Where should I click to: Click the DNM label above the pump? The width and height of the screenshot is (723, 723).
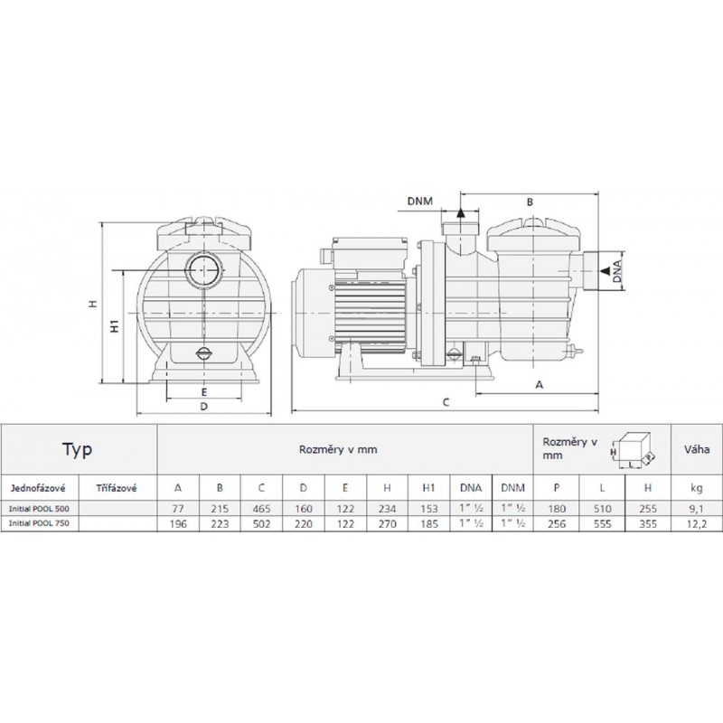(x=420, y=201)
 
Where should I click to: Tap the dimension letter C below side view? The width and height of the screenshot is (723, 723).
(x=446, y=402)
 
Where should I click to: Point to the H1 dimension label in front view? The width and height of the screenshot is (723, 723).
(x=115, y=325)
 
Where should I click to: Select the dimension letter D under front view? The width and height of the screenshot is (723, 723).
(x=204, y=406)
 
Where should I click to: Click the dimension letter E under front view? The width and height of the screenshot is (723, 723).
(x=204, y=392)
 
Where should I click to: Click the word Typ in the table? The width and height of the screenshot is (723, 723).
(x=78, y=449)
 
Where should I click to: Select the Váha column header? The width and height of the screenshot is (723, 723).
(x=697, y=449)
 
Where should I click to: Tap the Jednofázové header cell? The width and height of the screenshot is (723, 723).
(x=37, y=488)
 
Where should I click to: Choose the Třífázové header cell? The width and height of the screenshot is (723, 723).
(x=117, y=488)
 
